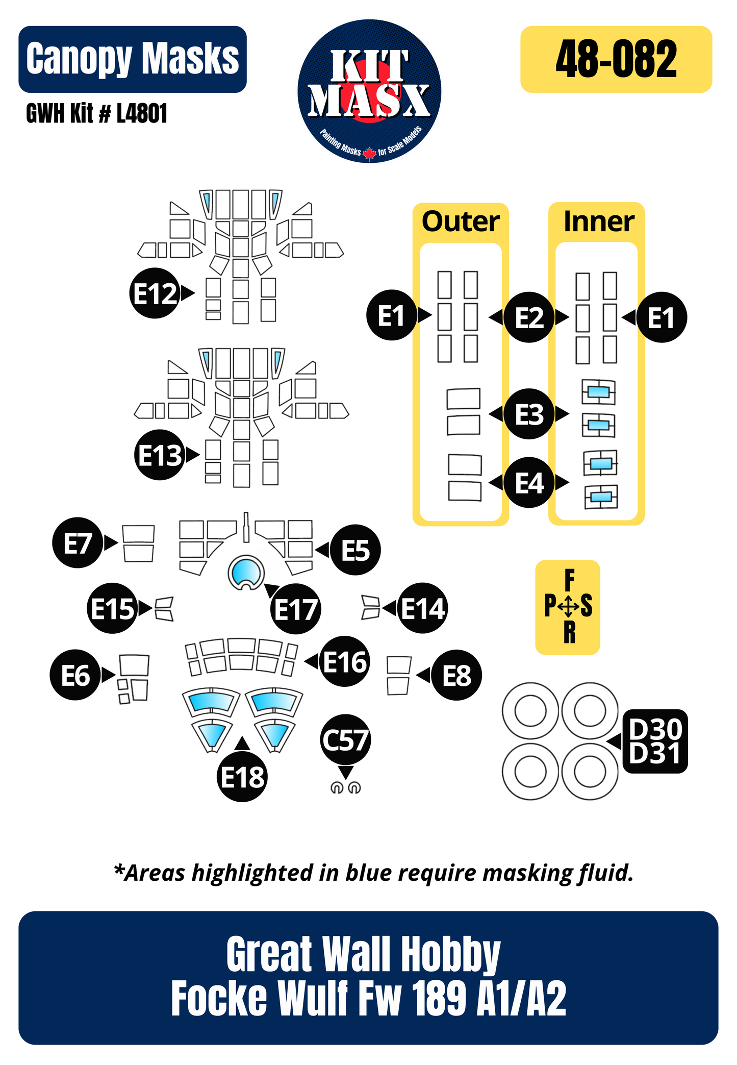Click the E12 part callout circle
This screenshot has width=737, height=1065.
tap(155, 293)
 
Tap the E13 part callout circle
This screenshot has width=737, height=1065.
tap(160, 455)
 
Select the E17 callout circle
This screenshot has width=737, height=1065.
tap(296, 609)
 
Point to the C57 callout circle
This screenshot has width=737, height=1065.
tap(345, 739)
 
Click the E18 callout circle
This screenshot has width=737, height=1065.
tap(242, 777)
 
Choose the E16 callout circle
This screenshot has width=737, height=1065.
tap(345, 662)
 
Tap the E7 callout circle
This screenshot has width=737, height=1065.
tap(78, 543)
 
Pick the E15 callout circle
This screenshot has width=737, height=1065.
tap(112, 608)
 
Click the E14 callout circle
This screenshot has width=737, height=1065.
tap(422, 608)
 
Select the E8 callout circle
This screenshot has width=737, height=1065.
tap(456, 676)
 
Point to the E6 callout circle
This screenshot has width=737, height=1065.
tap(75, 675)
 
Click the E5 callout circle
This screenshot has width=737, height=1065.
tap(355, 550)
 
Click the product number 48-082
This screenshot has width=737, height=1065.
tap(616, 59)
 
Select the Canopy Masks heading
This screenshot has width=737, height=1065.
tap(133, 59)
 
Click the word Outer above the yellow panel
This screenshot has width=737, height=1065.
tap(461, 221)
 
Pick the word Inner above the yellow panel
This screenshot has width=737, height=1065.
tap(598, 221)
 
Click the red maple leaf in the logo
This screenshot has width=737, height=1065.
tap(369, 153)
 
